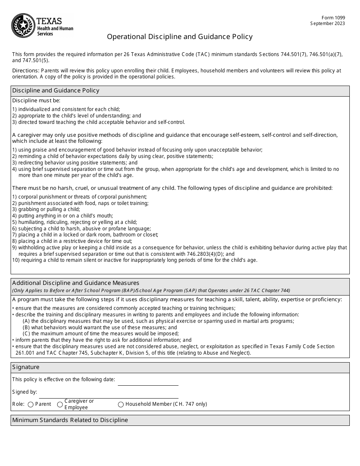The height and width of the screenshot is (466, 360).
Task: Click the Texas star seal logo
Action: click(x=23, y=25)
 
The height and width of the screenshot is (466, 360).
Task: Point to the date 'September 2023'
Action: click(x=328, y=23)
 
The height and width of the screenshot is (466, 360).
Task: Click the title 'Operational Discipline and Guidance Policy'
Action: click(x=180, y=37)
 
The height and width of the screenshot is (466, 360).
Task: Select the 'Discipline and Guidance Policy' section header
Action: click(x=56, y=91)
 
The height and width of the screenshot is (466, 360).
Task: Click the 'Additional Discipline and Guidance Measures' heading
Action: click(x=76, y=283)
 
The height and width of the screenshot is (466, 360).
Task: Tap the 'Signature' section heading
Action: click(x=26, y=367)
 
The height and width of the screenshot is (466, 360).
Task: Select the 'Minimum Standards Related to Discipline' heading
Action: click(x=70, y=420)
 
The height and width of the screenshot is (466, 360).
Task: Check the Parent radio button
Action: click(x=31, y=404)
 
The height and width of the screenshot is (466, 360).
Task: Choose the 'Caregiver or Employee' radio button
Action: click(x=60, y=404)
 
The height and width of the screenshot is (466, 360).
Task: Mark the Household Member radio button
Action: click(x=121, y=404)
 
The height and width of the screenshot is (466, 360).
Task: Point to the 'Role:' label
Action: click(x=19, y=404)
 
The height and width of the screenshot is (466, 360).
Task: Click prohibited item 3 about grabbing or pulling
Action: click(x=46, y=210)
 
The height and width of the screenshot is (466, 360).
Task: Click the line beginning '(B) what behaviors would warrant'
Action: click(x=100, y=327)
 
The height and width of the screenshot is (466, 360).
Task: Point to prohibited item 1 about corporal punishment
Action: click(x=79, y=197)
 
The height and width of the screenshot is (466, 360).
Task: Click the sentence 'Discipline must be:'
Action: click(x=36, y=101)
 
